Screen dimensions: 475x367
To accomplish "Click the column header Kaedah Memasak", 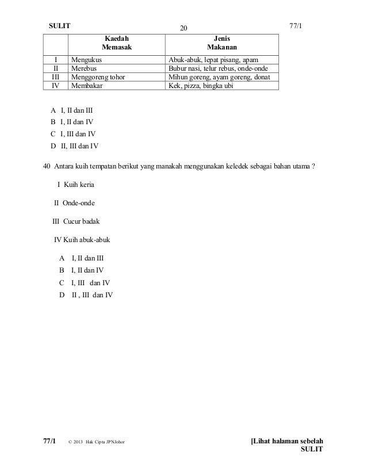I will tap(116, 42).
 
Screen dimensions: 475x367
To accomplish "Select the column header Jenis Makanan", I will tap(221, 42).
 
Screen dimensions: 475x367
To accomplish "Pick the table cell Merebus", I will tap(83, 67).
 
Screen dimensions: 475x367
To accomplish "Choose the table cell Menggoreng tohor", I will tap(97, 76).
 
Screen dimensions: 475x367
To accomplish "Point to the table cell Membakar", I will tap(86, 86).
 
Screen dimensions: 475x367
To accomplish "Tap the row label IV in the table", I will tap(56, 86).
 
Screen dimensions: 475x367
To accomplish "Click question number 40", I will tap(48, 167).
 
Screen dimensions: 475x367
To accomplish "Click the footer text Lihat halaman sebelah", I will tap(287, 441).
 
